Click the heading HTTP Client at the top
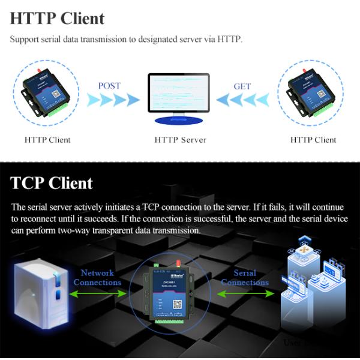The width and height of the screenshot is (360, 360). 57,18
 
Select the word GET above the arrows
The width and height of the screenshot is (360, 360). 242,86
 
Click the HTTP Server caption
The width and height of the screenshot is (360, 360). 180,140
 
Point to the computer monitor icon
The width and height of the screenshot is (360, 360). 179,93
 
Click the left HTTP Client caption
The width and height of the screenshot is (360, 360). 47,140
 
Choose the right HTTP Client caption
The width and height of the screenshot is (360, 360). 313,140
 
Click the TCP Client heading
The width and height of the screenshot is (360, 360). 52,183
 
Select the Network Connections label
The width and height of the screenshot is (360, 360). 97,278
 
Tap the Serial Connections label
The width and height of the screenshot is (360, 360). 245,278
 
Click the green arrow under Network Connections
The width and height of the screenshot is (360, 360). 98,293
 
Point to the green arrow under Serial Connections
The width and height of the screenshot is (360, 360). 244,293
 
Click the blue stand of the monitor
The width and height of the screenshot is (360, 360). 179,119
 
